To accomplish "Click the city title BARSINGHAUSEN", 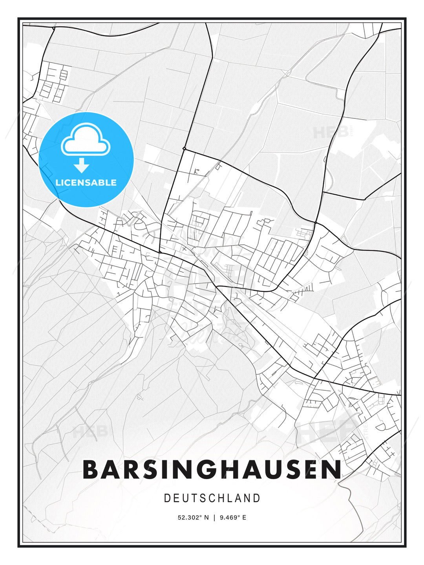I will coord(212,469).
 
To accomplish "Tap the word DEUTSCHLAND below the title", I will coord(212,498).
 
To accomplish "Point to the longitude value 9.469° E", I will coord(233,518).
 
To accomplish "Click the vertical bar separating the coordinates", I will coord(214,518).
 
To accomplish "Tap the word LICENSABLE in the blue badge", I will coord(86,182).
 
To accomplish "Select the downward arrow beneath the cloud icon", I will coord(82,166).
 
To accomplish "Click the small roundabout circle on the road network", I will coord(184,148).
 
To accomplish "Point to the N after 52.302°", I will coord(206,518).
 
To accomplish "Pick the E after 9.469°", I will coord(244,518).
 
